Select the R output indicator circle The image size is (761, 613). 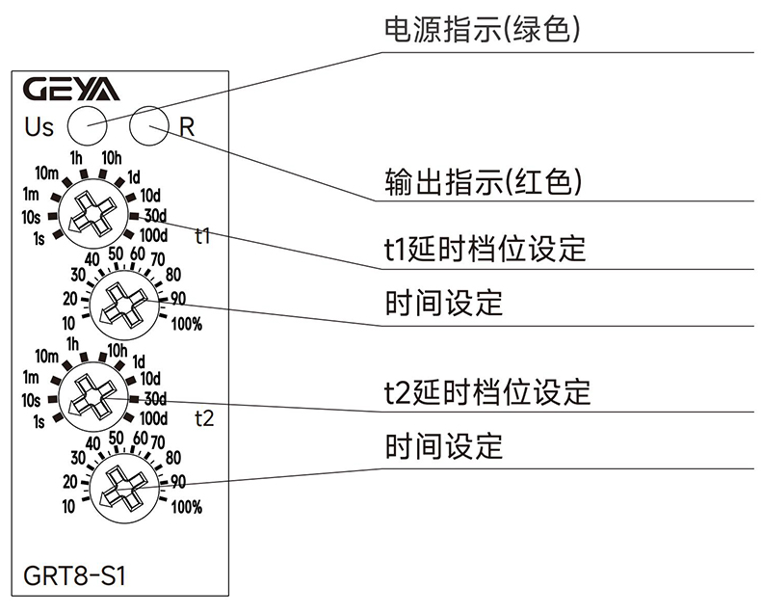(x=148, y=124)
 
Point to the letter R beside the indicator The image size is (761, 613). (x=187, y=126)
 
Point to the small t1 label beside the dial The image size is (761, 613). (x=202, y=234)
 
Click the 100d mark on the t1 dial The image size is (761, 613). (x=153, y=234)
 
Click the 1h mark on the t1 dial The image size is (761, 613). (x=77, y=157)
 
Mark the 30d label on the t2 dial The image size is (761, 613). (x=155, y=398)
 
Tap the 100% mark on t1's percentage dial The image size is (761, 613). (x=186, y=325)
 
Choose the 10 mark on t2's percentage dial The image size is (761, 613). (x=69, y=506)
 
